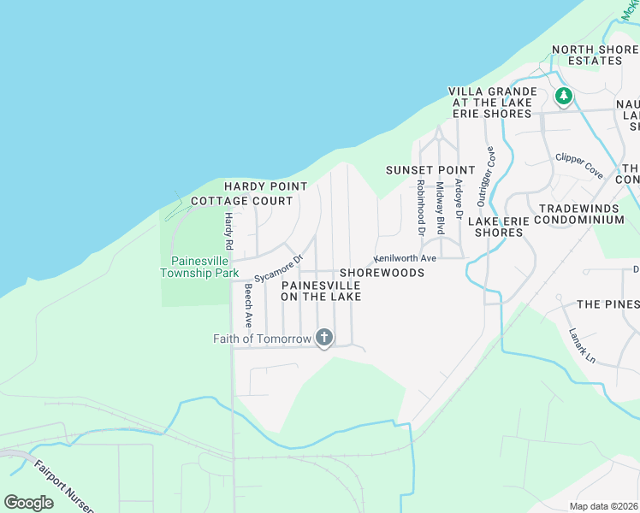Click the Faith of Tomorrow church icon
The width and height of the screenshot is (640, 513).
click(323, 339)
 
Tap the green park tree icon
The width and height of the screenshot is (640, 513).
click(563, 96)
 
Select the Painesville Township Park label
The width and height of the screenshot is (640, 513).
click(204, 267)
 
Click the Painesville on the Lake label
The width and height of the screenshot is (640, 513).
click(321, 290)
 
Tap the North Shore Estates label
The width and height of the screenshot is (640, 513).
click(596, 55)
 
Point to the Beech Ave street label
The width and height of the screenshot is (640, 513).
click(248, 305)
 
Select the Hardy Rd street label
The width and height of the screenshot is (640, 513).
click(229, 226)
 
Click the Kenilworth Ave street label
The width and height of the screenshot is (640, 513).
click(405, 257)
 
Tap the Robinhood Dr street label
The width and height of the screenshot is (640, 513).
click(420, 207)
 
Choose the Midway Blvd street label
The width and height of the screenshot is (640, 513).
click(440, 208)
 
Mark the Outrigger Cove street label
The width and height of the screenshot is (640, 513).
click(486, 175)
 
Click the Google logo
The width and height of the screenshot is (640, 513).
click(29, 502)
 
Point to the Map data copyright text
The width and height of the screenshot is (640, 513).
click(603, 506)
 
